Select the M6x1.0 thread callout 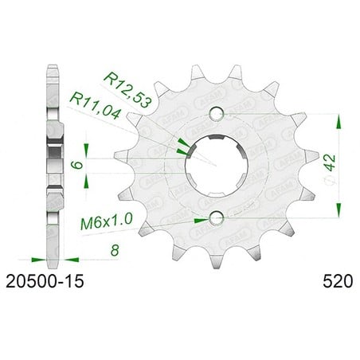107,222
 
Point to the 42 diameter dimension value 330,162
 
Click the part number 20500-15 45,281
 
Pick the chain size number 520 338,281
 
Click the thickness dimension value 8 115,250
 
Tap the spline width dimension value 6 77,165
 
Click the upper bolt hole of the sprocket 217,114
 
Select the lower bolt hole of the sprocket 217,218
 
